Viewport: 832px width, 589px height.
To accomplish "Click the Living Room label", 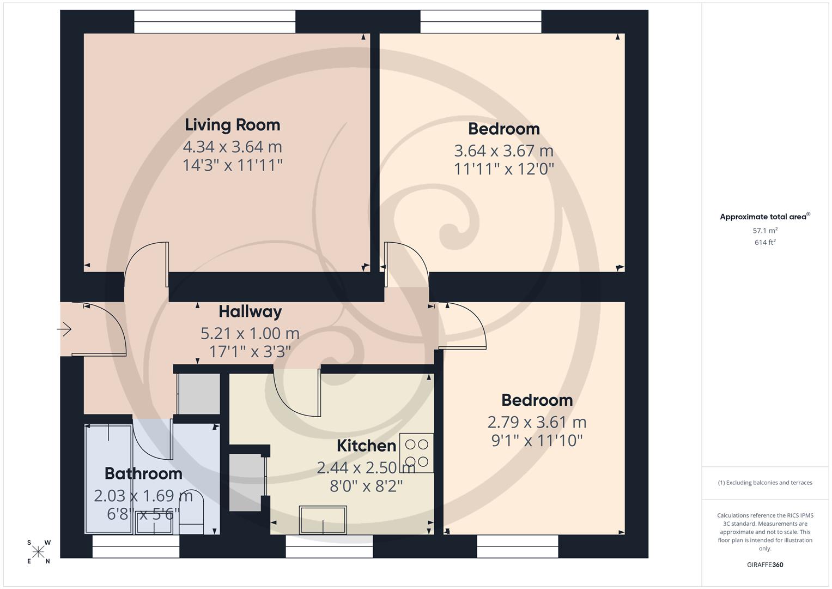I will [x=232, y=125].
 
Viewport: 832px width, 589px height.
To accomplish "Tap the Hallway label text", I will [x=250, y=311].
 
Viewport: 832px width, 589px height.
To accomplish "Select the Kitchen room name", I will [x=366, y=446].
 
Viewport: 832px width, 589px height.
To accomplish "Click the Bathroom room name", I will [x=143, y=473].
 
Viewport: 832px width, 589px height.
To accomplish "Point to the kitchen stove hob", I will [x=417, y=453].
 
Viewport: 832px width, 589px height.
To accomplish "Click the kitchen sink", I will [x=323, y=520].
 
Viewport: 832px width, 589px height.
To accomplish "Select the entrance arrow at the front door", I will [x=64, y=329].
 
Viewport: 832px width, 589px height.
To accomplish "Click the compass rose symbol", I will [x=38, y=552].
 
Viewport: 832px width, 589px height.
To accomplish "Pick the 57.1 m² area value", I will [x=765, y=231].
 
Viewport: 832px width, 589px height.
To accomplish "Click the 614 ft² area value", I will [x=765, y=243].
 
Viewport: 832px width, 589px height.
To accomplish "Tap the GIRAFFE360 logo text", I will [x=765, y=564].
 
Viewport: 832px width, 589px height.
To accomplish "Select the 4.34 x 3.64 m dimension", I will [x=232, y=147].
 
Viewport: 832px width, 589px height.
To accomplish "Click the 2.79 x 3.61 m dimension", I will [x=537, y=422].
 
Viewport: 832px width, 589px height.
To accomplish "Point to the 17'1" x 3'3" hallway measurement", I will [x=250, y=351].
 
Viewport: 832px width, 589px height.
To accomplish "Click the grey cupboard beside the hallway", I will [x=199, y=393].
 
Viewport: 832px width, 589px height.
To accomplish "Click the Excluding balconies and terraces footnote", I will [x=765, y=483].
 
